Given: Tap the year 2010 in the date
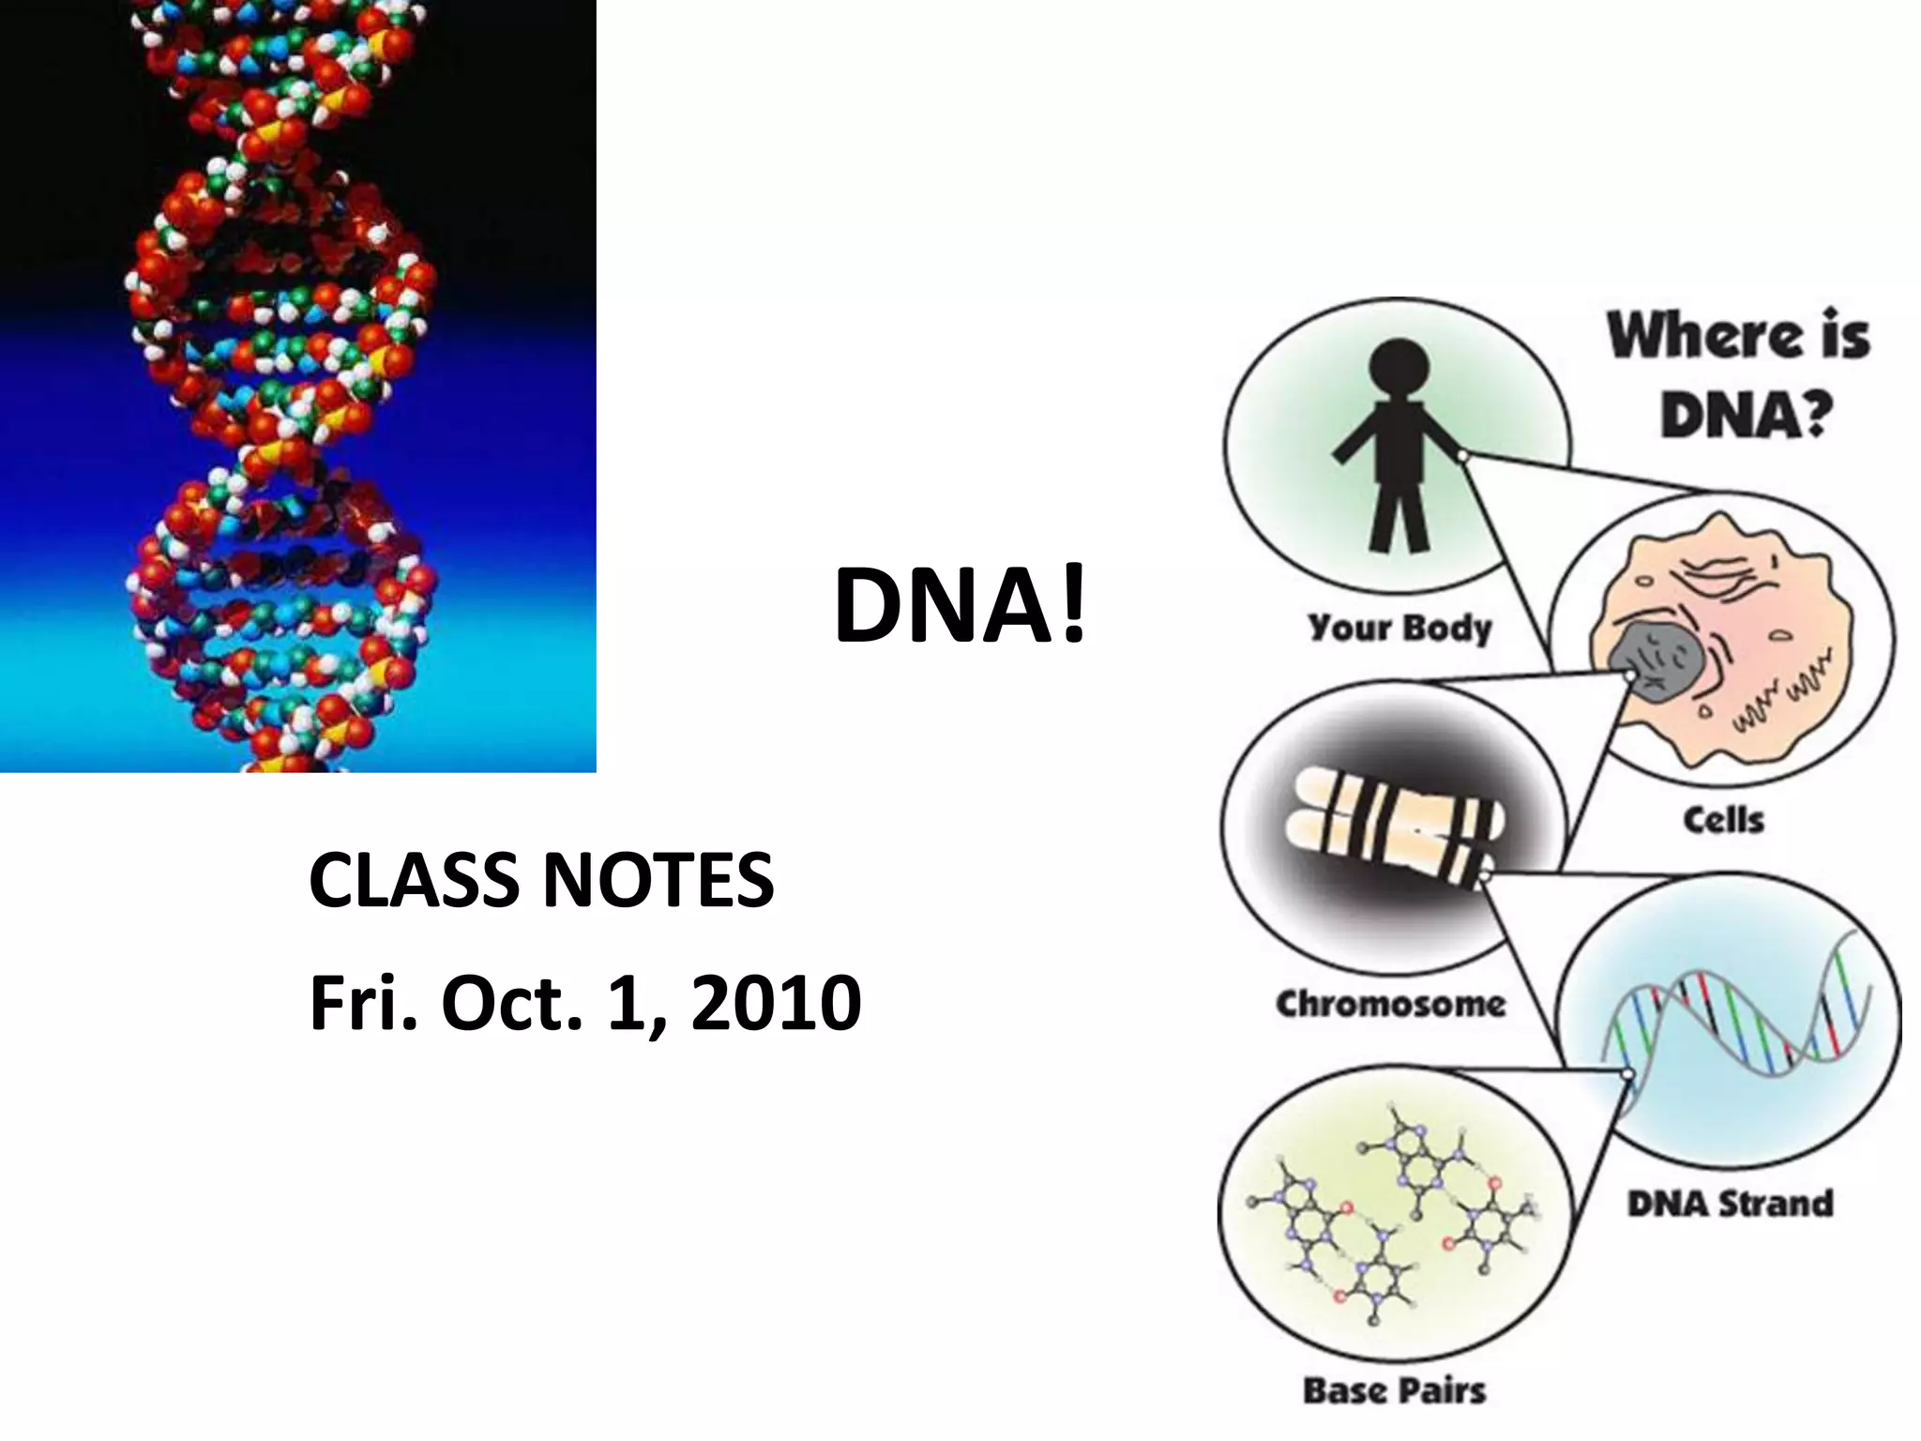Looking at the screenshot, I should click(775, 1002).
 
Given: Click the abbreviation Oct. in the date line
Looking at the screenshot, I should click(507, 1002).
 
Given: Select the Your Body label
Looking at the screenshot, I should click(1399, 627).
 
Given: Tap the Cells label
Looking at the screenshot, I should click(1723, 820).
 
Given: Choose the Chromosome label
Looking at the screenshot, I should click(1390, 1004).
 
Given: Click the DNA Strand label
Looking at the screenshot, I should click(1730, 1204).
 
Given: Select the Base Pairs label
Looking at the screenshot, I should click(1394, 1390).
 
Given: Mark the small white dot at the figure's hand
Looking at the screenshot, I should click(1461, 456).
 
